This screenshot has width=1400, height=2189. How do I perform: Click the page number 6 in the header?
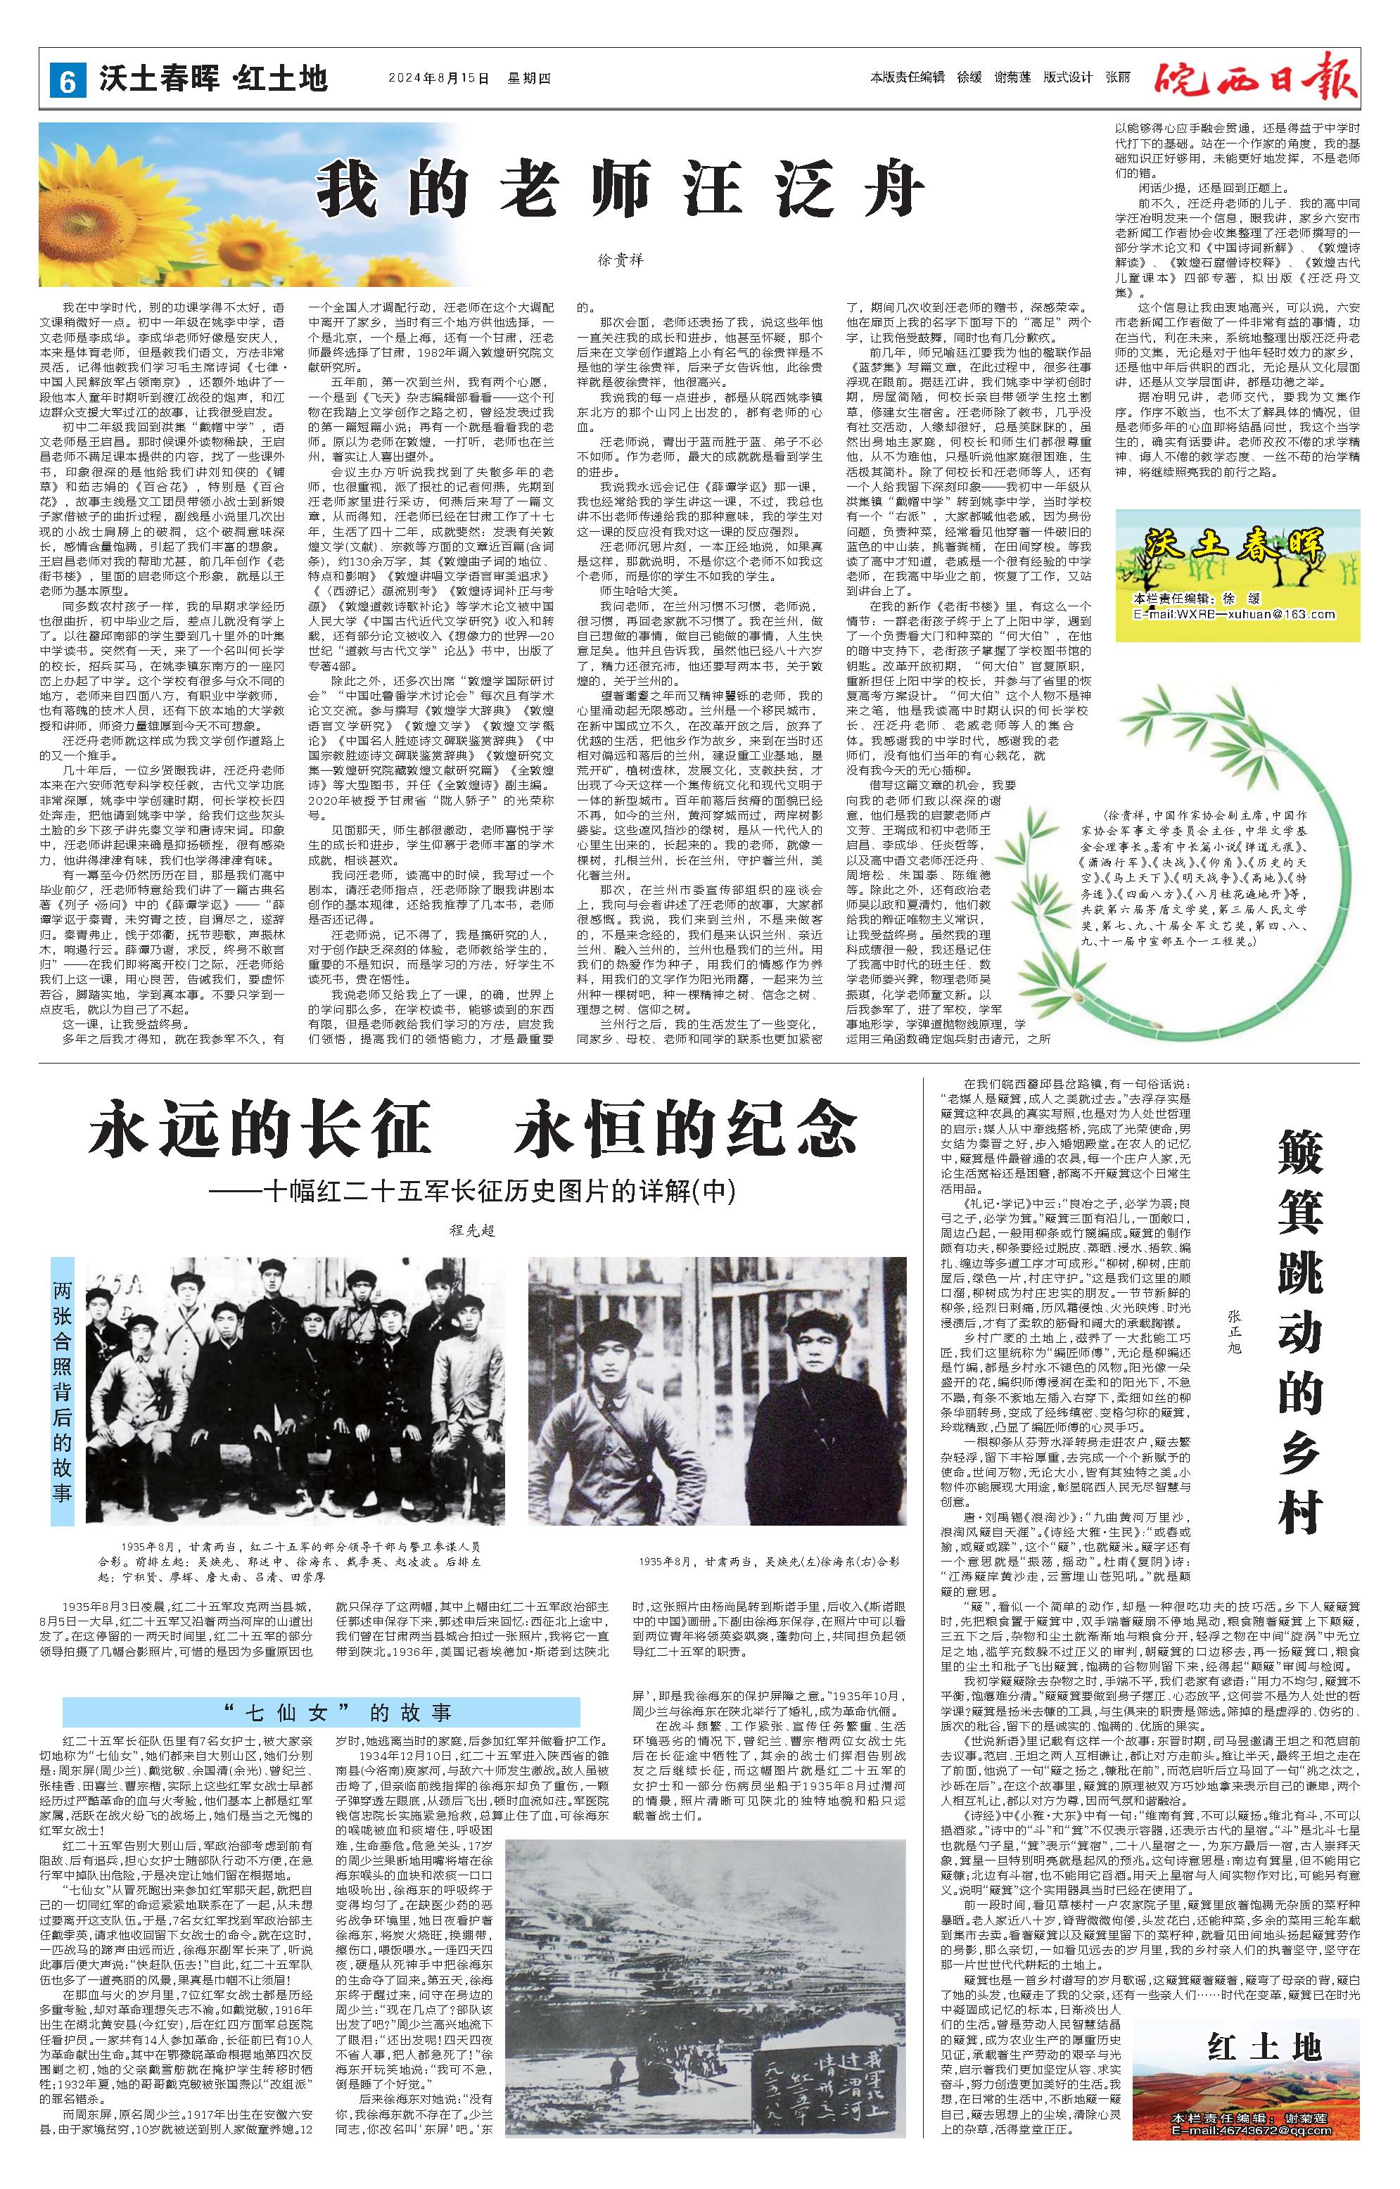coord(66,80)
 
